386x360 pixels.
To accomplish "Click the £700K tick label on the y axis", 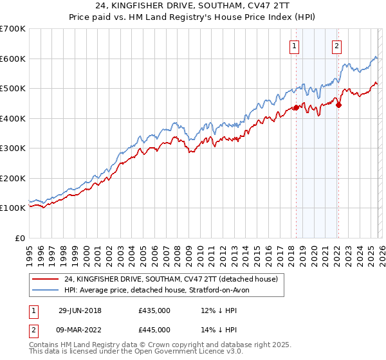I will (13, 29).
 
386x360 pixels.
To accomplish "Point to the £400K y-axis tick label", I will (13, 118).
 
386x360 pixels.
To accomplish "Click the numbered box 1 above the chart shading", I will (294, 45).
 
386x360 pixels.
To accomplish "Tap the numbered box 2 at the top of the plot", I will (336, 45).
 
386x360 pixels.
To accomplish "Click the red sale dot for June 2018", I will (296, 108).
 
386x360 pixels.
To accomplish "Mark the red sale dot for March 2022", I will (338, 105).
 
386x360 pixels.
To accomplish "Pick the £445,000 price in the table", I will (154, 330).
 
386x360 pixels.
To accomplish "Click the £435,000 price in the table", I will (154, 310).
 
